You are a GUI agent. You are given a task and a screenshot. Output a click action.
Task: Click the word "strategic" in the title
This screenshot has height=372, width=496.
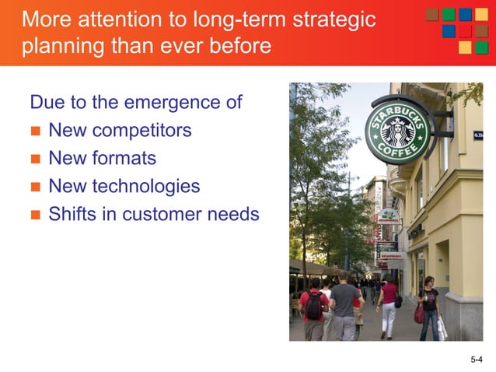click(331, 19)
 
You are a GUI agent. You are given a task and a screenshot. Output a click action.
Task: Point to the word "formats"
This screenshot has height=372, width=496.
click(124, 159)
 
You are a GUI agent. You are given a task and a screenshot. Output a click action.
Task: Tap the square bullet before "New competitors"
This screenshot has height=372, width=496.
click(34, 132)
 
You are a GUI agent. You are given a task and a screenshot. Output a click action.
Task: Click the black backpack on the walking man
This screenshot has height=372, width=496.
click(313, 305)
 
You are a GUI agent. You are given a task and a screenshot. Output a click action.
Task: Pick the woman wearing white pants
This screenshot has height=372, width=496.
click(387, 307)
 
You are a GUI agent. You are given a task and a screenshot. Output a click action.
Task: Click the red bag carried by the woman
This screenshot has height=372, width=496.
click(419, 313)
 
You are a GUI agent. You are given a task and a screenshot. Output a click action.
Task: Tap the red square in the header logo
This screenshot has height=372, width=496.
click(466, 32)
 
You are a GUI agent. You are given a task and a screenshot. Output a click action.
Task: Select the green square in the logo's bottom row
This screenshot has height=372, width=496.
click(482, 48)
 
